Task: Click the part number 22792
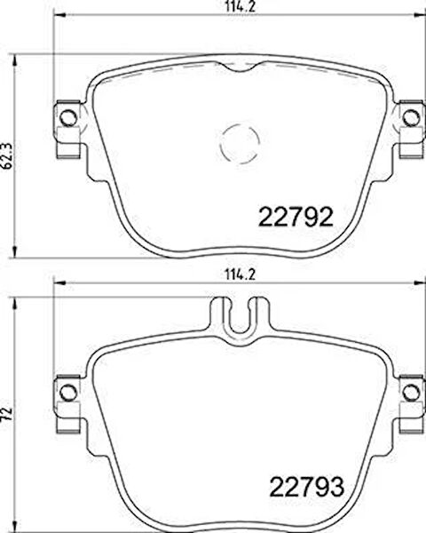296,217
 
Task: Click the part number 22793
306,487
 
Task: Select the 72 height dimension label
8,413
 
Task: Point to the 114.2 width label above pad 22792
241,7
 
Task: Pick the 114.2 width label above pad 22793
241,274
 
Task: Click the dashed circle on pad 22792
241,144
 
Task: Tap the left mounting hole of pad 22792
68,117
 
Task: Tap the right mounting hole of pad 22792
411,117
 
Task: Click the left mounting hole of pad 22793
68,393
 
